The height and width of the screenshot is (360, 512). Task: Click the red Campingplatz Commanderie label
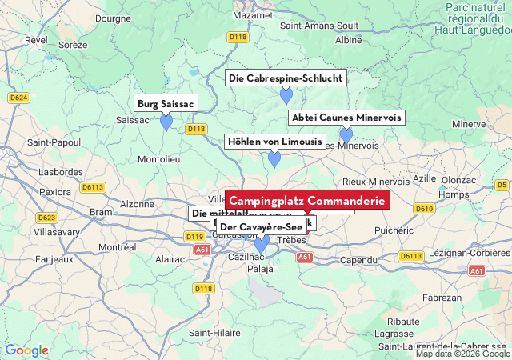click(x=308, y=200)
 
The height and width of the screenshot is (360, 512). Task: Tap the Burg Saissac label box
click(x=166, y=103)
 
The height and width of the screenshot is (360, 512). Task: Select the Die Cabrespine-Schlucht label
click(x=286, y=78)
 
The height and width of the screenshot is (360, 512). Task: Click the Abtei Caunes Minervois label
click(x=346, y=118)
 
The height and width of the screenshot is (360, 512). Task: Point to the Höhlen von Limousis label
click(x=274, y=142)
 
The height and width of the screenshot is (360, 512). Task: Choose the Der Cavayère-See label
click(x=261, y=227)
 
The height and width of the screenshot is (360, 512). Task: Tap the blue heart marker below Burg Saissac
click(x=166, y=122)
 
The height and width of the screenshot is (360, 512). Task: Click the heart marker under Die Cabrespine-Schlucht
click(x=286, y=96)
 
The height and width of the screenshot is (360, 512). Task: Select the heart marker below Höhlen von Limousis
click(x=274, y=159)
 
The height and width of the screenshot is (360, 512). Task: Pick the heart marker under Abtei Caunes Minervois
click(x=346, y=135)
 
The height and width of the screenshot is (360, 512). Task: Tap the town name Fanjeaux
click(x=33, y=259)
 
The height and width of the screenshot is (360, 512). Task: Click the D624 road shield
click(x=19, y=98)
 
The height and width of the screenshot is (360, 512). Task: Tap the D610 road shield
click(x=424, y=209)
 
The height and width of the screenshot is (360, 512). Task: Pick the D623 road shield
click(x=47, y=218)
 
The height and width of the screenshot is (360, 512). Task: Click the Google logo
click(x=26, y=350)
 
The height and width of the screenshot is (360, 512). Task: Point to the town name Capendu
click(x=358, y=260)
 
